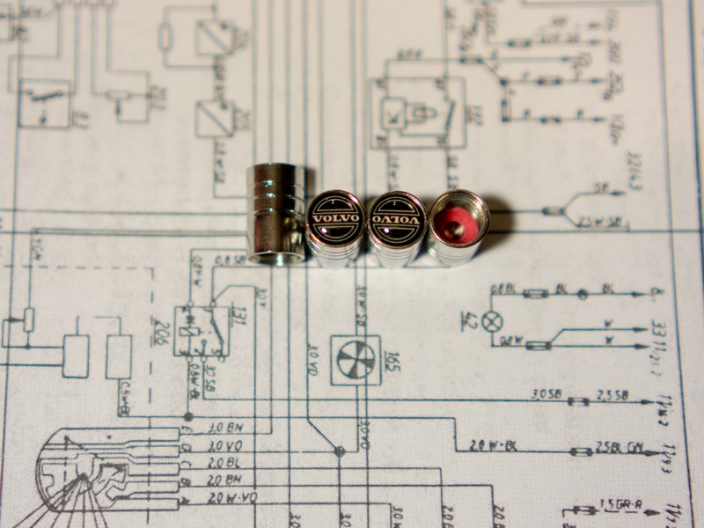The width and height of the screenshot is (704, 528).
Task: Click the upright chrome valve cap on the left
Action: click(x=276, y=213)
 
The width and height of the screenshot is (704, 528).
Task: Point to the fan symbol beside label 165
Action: click(x=356, y=360)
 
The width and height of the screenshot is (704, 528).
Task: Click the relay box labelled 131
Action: click(x=202, y=331)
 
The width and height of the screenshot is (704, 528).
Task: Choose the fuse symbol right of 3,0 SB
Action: click(x=578, y=401)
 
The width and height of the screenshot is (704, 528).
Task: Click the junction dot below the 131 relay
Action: click(x=187, y=416)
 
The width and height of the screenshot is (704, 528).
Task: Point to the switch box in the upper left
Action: click(x=47, y=104)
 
